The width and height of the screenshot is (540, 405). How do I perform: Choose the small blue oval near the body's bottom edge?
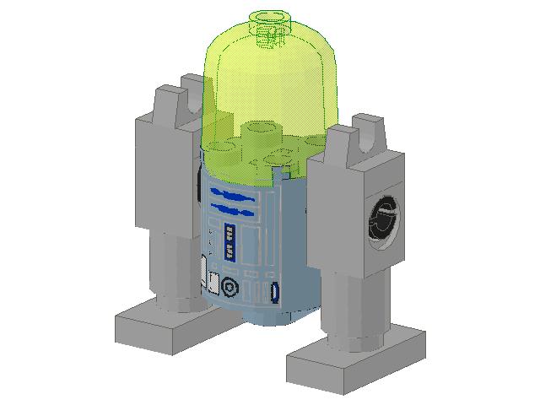click(x=273, y=293)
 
